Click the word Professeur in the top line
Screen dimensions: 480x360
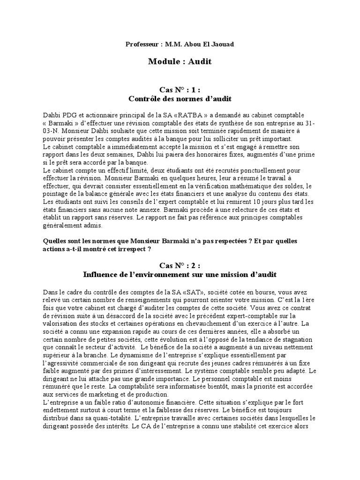tap(141, 45)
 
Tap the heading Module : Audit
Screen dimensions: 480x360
tap(180, 61)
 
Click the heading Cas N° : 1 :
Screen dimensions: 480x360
tap(180, 90)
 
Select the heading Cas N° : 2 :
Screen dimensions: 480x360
tap(180, 265)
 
